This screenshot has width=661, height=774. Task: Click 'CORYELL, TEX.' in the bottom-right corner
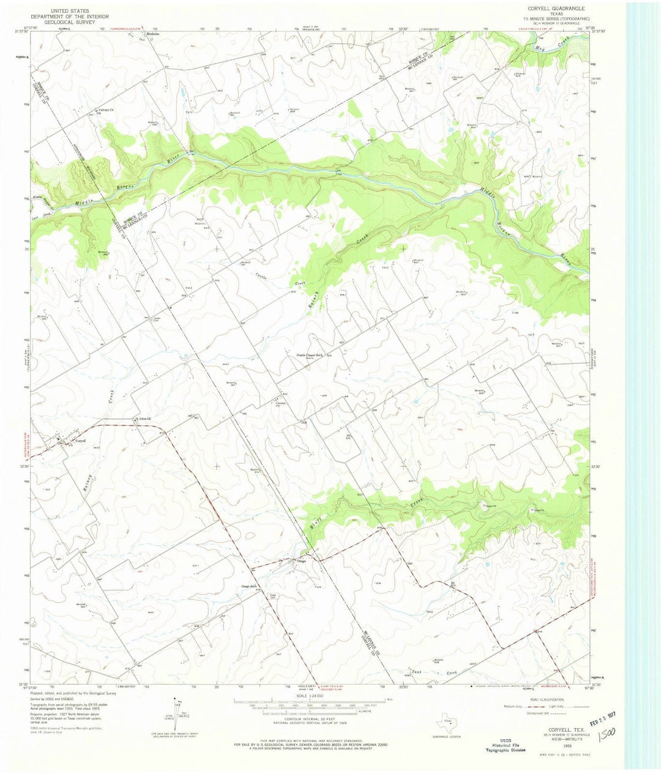pos(548,722)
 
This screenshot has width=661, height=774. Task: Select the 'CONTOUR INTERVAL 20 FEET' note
pos(312,723)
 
